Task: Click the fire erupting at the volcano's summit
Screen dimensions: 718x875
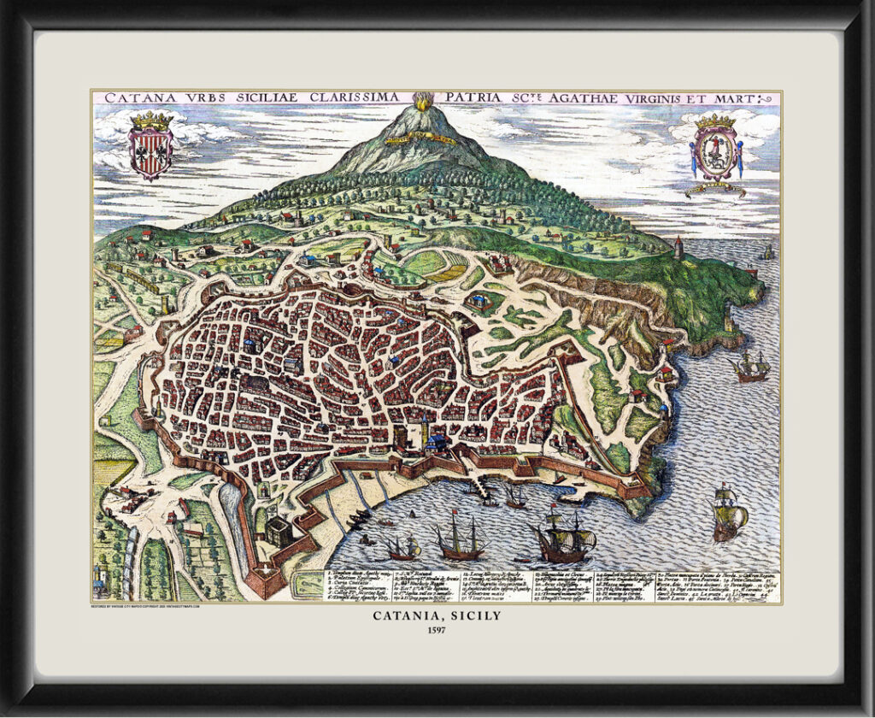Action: (423, 101)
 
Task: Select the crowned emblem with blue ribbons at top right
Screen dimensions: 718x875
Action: (717, 148)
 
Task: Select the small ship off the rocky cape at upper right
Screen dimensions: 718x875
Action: (751, 366)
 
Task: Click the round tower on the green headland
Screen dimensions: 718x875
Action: (679, 247)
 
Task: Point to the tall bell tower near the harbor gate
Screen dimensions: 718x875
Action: (425, 431)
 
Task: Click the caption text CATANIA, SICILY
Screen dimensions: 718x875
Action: (437, 615)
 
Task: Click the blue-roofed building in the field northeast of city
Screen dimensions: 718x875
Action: (479, 301)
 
